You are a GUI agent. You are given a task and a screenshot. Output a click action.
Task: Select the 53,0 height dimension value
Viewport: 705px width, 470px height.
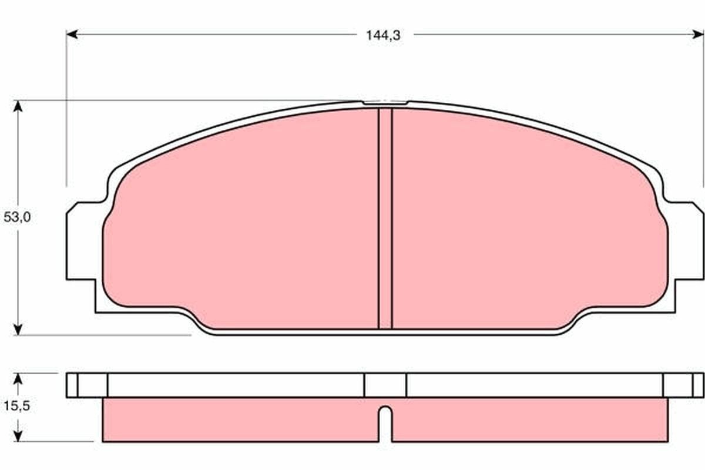(x=17, y=217)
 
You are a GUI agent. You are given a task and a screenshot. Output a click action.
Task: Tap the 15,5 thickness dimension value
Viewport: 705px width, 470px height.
(x=17, y=407)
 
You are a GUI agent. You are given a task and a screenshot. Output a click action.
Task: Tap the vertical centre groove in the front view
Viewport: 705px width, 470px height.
(x=385, y=217)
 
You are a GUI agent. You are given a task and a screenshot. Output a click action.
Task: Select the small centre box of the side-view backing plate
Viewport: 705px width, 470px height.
(x=385, y=385)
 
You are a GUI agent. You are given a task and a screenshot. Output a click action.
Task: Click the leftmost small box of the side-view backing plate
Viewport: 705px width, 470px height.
(x=72, y=385)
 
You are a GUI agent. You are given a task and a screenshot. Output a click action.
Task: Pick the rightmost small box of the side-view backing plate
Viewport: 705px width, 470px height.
(x=698, y=385)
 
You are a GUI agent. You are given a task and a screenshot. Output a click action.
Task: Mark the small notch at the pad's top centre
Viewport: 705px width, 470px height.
(x=385, y=103)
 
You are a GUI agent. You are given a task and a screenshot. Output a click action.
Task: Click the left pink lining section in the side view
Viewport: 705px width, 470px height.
(x=235, y=420)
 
